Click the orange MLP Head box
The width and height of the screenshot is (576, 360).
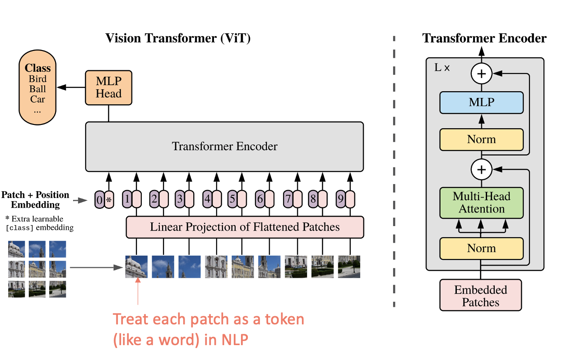(x=108, y=87)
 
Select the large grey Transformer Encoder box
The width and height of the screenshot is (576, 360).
(x=224, y=146)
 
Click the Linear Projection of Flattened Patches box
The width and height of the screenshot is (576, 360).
(x=245, y=226)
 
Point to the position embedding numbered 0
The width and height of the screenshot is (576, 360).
(x=99, y=199)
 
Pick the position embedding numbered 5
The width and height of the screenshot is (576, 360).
(x=232, y=199)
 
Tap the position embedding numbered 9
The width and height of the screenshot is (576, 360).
(x=341, y=199)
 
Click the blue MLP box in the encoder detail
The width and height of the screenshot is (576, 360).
(x=481, y=102)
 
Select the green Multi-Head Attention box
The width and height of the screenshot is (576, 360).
(x=481, y=203)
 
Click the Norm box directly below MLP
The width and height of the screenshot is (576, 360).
(x=481, y=139)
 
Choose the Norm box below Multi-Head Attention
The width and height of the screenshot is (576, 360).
(x=481, y=248)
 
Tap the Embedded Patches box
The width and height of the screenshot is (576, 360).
(x=480, y=295)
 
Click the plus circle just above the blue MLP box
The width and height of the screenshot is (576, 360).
(x=481, y=74)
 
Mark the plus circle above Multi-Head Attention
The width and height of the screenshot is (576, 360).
(x=481, y=170)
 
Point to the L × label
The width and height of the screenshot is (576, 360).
(x=442, y=68)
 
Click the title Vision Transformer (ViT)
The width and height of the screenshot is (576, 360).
(x=178, y=38)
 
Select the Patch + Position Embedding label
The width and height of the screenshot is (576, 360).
(x=35, y=200)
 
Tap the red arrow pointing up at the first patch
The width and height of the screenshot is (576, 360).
(x=138, y=293)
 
